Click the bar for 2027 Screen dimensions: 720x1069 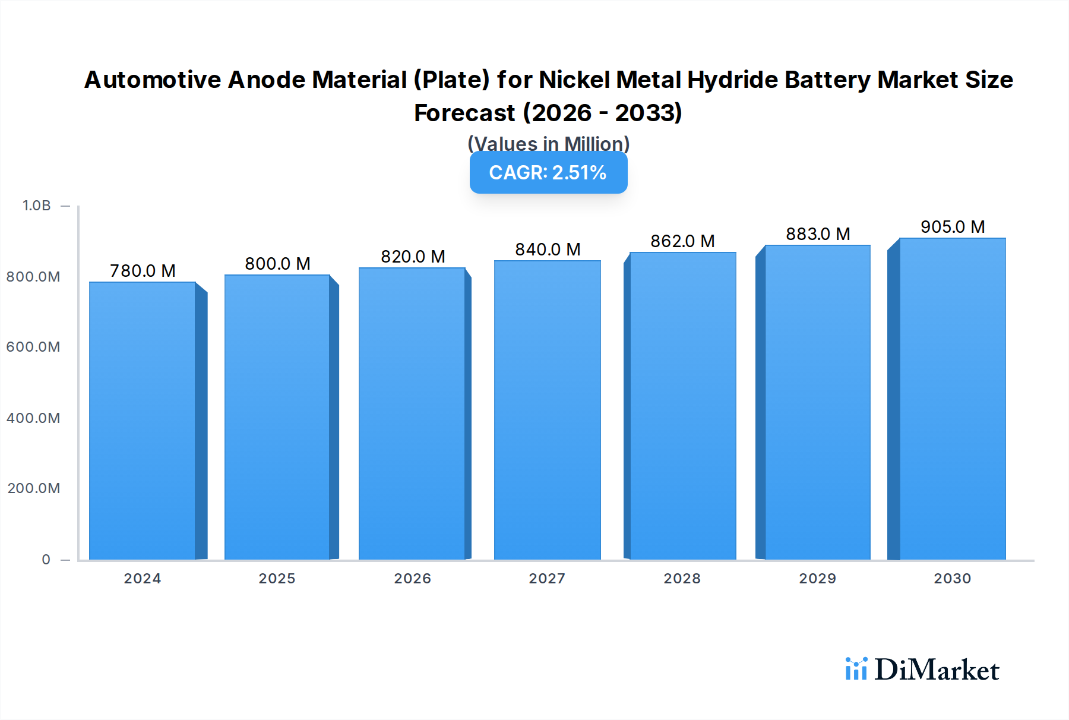547,410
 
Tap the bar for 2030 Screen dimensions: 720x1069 952,399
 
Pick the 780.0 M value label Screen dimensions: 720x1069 143,271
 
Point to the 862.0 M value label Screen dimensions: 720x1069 682,241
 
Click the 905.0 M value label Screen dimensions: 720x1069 953,227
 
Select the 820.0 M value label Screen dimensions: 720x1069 413,257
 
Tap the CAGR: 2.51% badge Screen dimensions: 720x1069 548,173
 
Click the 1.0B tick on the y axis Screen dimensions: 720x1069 37,206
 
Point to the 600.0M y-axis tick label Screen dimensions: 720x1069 33,347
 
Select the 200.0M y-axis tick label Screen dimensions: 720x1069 33,488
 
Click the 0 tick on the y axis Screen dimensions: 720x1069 46,560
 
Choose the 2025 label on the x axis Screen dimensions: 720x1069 277,579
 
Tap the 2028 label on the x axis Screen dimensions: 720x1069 682,579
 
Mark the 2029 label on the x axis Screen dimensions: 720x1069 817,579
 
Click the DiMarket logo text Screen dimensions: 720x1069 937,670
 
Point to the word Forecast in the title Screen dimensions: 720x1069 464,113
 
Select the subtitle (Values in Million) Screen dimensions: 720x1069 548,144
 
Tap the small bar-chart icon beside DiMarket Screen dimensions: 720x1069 856,669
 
